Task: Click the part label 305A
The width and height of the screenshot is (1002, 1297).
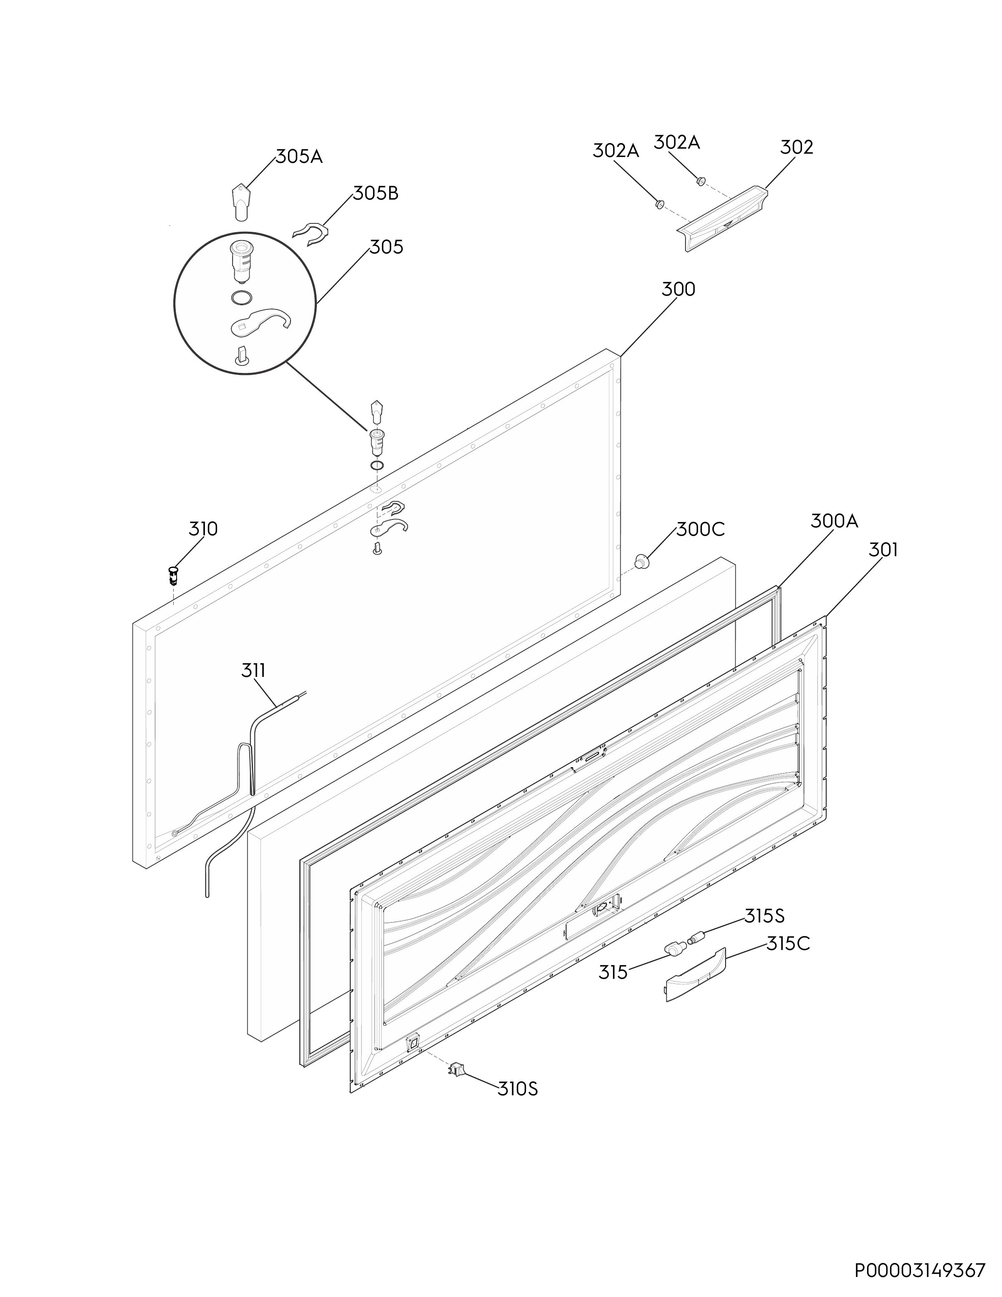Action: (299, 157)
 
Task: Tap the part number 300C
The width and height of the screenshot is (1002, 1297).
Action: (701, 529)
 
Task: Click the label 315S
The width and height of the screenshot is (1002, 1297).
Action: (764, 916)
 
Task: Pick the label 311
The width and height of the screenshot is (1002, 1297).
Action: (253, 671)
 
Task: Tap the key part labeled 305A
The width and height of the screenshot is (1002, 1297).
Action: (240, 202)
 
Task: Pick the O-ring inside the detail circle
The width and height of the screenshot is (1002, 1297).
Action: (242, 298)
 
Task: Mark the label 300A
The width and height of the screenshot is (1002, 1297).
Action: (834, 521)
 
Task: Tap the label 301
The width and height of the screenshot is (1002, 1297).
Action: (883, 550)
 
